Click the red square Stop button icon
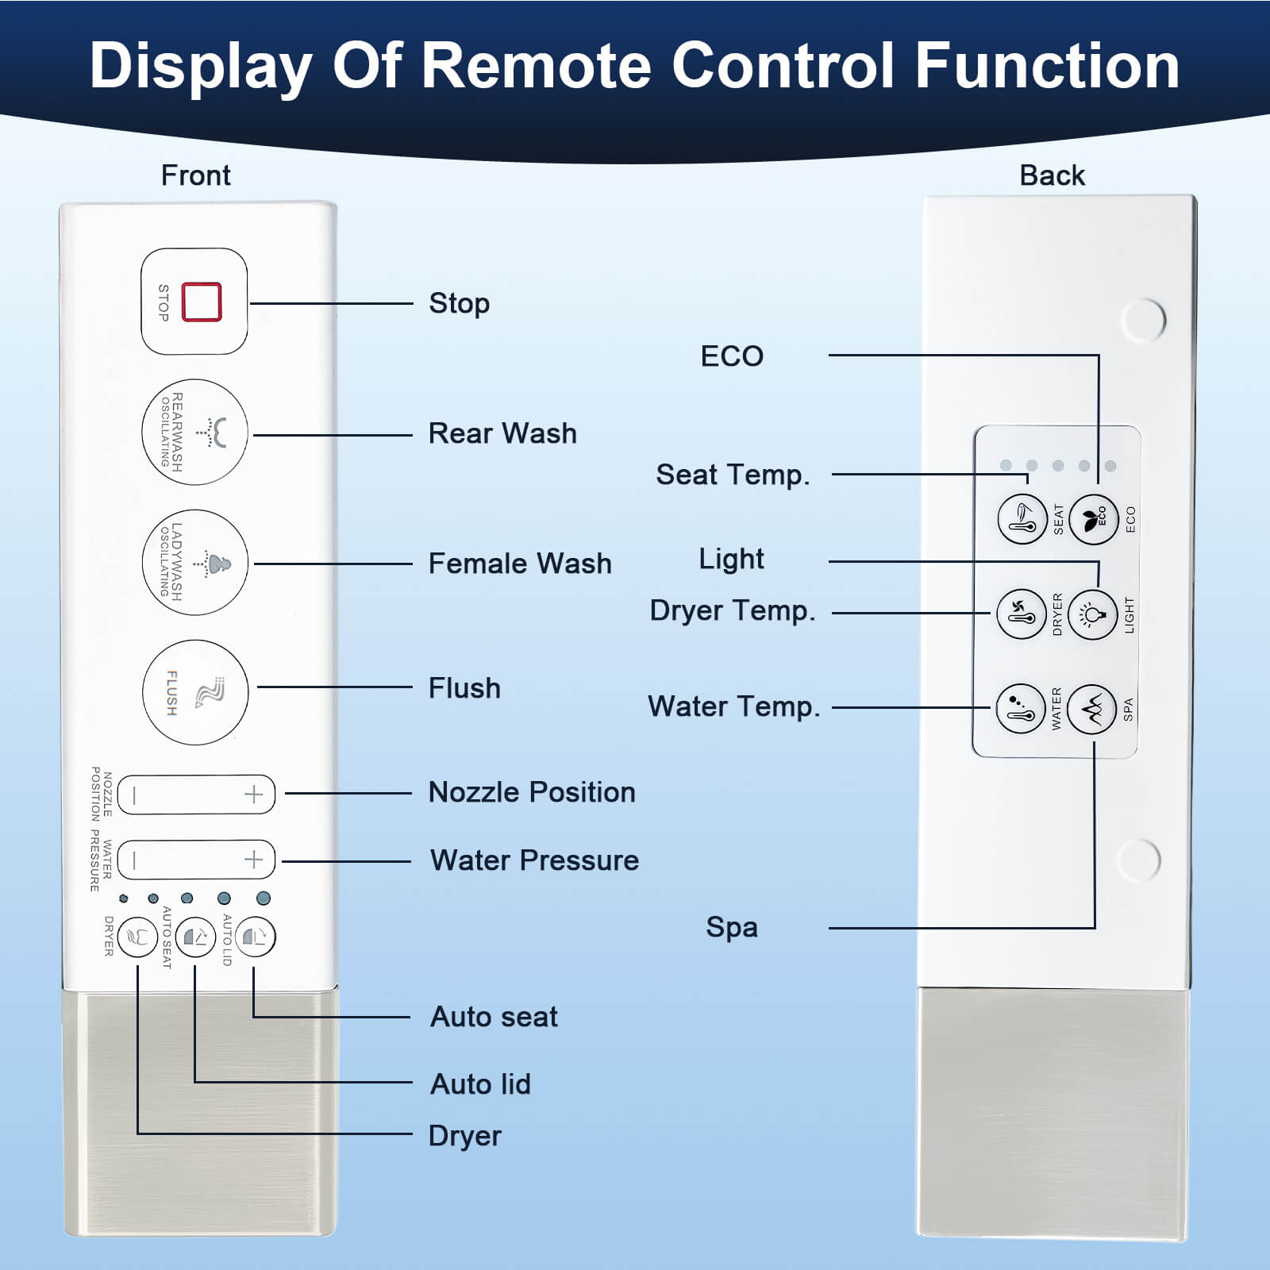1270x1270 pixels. (202, 302)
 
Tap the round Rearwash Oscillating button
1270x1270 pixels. (194, 433)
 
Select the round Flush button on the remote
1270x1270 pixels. (195, 692)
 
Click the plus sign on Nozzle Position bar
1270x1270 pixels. (253, 795)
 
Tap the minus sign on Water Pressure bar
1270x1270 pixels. (135, 860)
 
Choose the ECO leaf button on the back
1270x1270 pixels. (1094, 520)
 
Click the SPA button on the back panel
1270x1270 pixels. (1092, 709)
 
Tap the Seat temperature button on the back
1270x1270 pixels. (1022, 520)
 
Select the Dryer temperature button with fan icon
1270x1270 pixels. (1021, 614)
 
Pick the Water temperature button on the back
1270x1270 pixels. (1020, 709)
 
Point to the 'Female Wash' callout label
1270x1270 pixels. (520, 564)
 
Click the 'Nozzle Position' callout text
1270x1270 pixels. (532, 792)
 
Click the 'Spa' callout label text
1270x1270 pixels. (732, 927)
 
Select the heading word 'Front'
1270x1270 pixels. (195, 175)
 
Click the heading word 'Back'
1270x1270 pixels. (1052, 175)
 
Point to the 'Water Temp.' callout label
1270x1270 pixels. (733, 706)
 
